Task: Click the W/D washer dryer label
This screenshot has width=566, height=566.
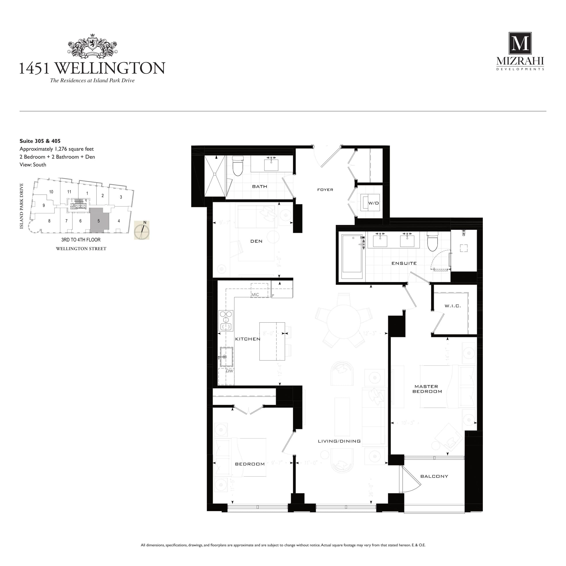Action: (x=373, y=203)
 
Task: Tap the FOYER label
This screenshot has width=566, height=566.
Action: (x=325, y=189)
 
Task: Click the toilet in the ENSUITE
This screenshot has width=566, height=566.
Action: (x=432, y=242)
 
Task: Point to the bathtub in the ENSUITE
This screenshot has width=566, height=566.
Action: (x=352, y=256)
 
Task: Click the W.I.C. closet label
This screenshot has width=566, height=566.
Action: (x=453, y=306)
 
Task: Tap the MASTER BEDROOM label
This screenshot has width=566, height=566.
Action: (x=427, y=389)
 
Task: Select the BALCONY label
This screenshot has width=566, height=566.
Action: (x=434, y=476)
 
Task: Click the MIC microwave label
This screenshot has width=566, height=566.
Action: (x=255, y=294)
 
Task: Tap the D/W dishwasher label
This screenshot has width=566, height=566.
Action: (x=230, y=371)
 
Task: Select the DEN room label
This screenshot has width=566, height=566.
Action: (x=256, y=241)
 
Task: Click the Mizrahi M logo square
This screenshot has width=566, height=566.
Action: (x=520, y=43)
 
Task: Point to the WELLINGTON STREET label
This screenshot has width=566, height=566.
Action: (x=81, y=249)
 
